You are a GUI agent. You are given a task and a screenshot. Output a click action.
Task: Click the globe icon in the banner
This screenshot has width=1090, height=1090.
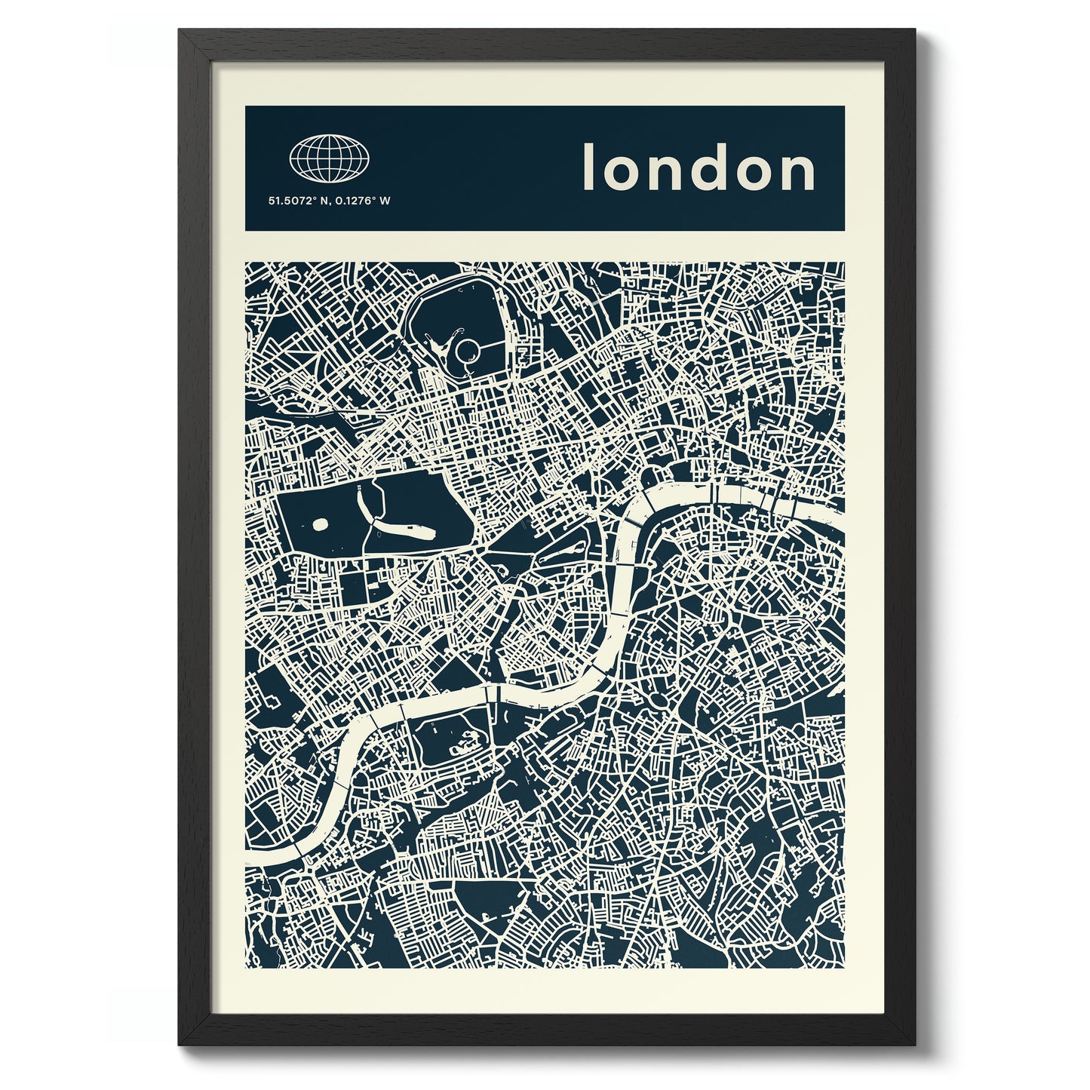[x=330, y=158]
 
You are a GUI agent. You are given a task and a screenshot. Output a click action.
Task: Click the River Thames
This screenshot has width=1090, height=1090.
[x=626, y=573]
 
